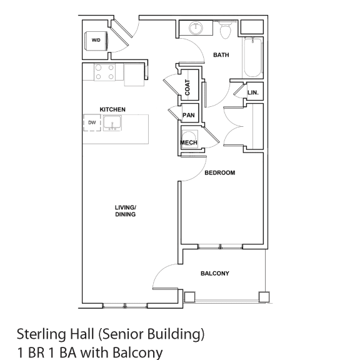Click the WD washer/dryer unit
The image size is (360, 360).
coord(96,41)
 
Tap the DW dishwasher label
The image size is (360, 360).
coord(92,122)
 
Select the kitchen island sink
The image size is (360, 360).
coord(112,123)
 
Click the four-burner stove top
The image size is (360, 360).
coord(105,72)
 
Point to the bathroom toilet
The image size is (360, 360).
coord(225,29)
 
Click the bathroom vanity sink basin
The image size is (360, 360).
coord(196,28)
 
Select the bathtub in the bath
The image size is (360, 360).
coord(252,58)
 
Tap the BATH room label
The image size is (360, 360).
coord(221,55)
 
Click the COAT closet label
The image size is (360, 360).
coord(187,87)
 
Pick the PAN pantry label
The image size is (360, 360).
coord(189,115)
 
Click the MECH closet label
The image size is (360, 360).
coord(189,142)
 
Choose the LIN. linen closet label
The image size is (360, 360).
coord(253,92)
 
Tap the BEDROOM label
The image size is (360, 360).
coord(220,172)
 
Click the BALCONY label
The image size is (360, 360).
coord(215,274)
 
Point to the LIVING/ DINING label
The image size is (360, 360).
coord(126,211)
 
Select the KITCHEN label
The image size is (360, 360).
coord(112,109)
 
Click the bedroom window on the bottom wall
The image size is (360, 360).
coord(221,247)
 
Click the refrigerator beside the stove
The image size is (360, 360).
coord(134,74)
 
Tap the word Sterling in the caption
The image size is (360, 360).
coord(42,335)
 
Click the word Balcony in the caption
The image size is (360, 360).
coord(137,353)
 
